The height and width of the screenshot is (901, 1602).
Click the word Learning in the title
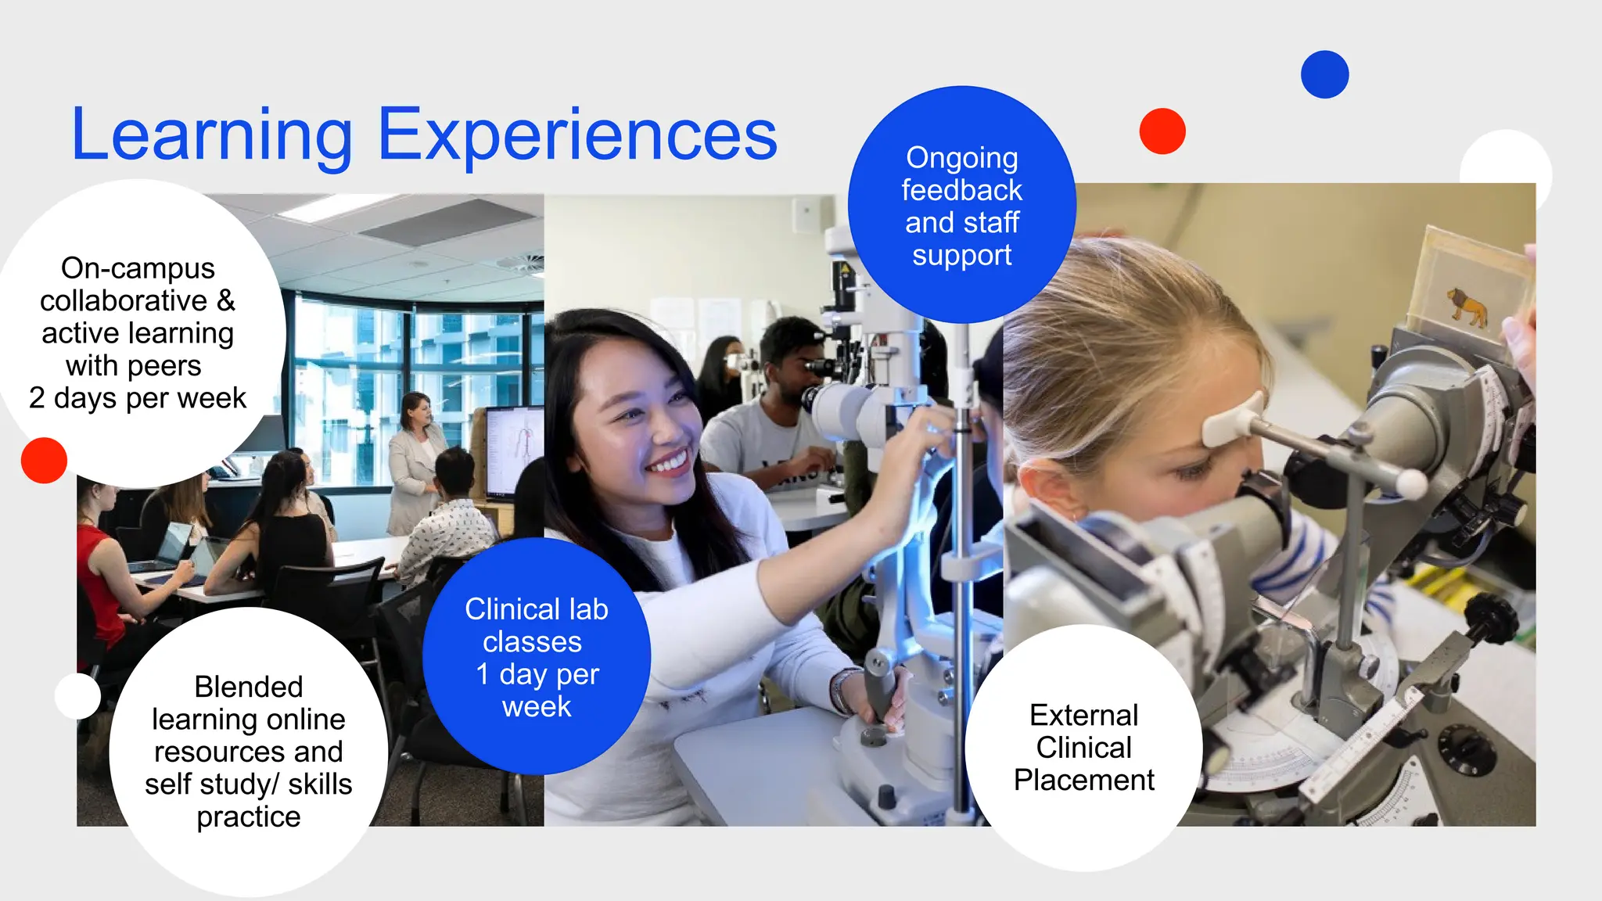[x=211, y=137]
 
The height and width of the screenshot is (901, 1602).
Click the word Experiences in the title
[x=577, y=137]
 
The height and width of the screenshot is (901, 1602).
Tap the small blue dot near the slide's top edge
[x=1324, y=74]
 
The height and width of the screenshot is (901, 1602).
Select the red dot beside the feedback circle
[x=1162, y=131]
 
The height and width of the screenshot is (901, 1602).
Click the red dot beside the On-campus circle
[x=44, y=460]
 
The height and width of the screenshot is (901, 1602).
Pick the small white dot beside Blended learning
[x=77, y=695]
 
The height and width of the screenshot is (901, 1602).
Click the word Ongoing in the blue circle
[x=961, y=158]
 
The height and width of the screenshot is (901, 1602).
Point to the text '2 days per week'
[x=138, y=398]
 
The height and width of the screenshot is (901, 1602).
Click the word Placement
[x=1083, y=781]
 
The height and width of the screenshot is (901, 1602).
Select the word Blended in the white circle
[x=248, y=687]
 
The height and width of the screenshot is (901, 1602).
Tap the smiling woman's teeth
[x=671, y=463]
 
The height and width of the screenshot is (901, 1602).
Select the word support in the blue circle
[x=961, y=256]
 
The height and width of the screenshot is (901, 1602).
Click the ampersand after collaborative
[x=225, y=301]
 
